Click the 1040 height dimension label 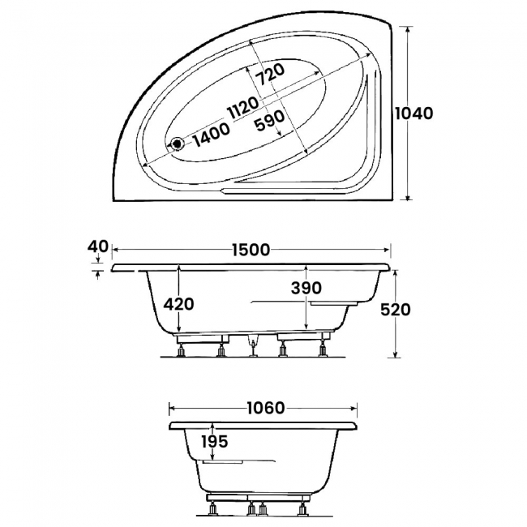coord(413,114)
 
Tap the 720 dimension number coord(270,75)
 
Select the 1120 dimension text coord(242,107)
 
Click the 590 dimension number coord(269,121)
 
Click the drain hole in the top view coord(177,144)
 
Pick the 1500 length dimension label coord(251,250)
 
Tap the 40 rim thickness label coord(98,246)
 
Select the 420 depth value coord(179,305)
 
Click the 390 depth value coord(306,288)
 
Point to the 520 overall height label coord(396,310)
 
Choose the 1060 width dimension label coord(266,408)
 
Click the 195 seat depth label coord(215,441)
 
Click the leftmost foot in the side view coord(181,350)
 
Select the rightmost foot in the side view coord(323,347)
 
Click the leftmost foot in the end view coord(212,510)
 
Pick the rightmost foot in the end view coord(302,509)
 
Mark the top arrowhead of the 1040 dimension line coord(408,29)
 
